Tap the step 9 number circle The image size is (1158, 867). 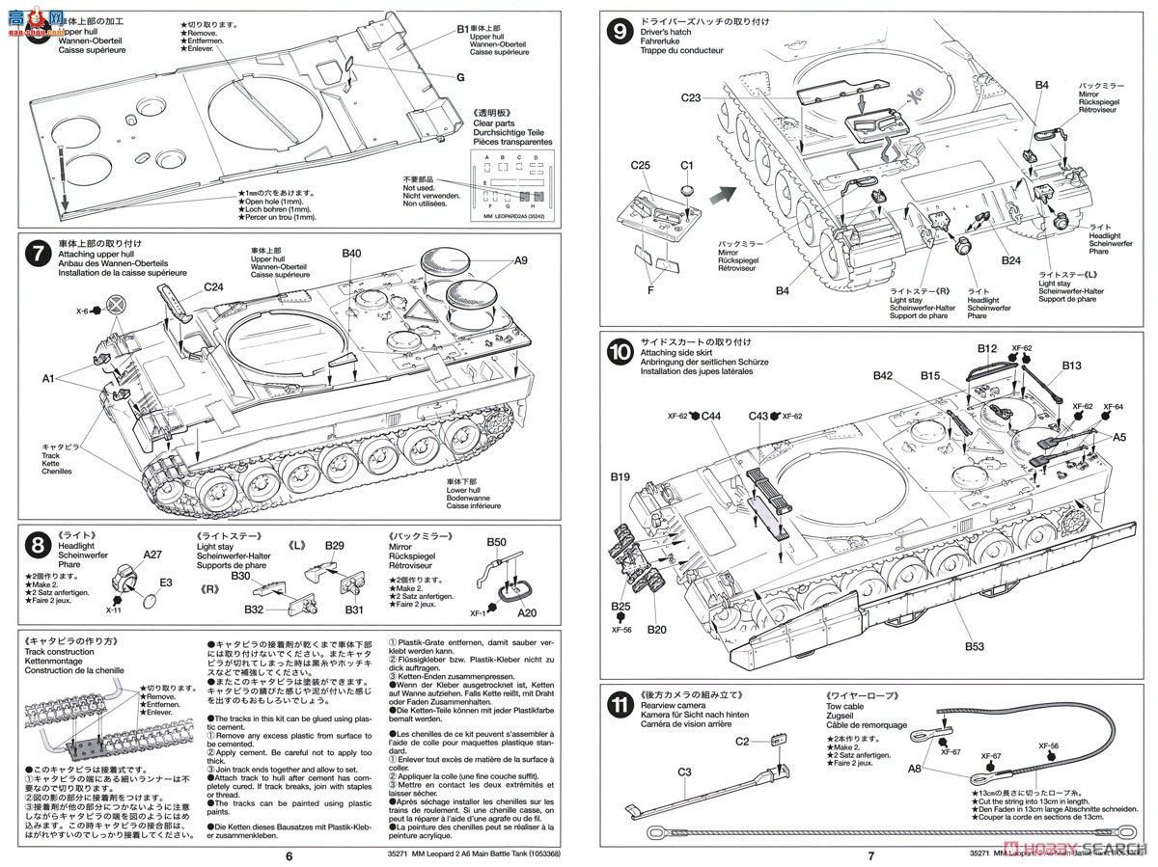click(x=619, y=31)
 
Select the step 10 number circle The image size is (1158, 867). click(x=619, y=352)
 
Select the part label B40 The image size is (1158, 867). click(x=351, y=254)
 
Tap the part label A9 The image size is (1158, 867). click(x=522, y=259)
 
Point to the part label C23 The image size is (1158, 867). click(x=692, y=97)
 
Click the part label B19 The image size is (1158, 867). click(x=620, y=476)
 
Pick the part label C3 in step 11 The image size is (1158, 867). click(x=684, y=772)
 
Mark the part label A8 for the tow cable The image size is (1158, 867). click(x=916, y=769)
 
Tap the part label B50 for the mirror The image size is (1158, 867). click(x=496, y=544)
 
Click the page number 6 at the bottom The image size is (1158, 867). click(x=288, y=854)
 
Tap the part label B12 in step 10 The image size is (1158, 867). click(x=986, y=348)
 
